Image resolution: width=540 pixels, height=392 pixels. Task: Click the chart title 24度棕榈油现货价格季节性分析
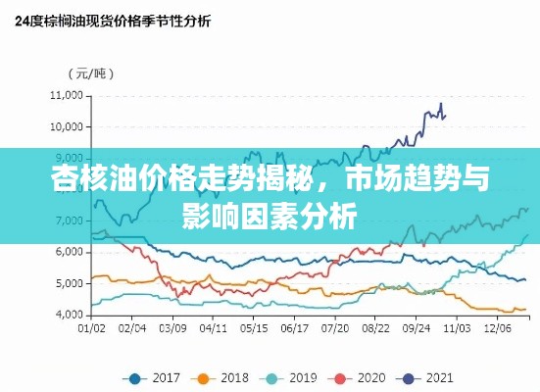coord(111,20)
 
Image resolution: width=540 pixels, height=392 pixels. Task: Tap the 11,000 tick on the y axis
coord(66,95)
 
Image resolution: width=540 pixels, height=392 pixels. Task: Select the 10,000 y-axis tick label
coord(66,126)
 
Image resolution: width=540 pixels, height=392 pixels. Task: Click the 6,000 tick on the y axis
coord(69,252)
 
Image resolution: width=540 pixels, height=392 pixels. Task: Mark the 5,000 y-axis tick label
coord(69,283)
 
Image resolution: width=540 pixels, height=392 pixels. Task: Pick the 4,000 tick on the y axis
coord(69,315)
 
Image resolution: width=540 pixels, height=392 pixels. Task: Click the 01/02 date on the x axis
coord(92,329)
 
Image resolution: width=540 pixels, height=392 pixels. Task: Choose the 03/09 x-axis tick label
coord(172,329)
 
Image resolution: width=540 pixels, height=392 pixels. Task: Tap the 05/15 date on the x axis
coord(254,329)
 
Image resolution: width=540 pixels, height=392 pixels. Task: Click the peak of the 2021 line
coord(441,103)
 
